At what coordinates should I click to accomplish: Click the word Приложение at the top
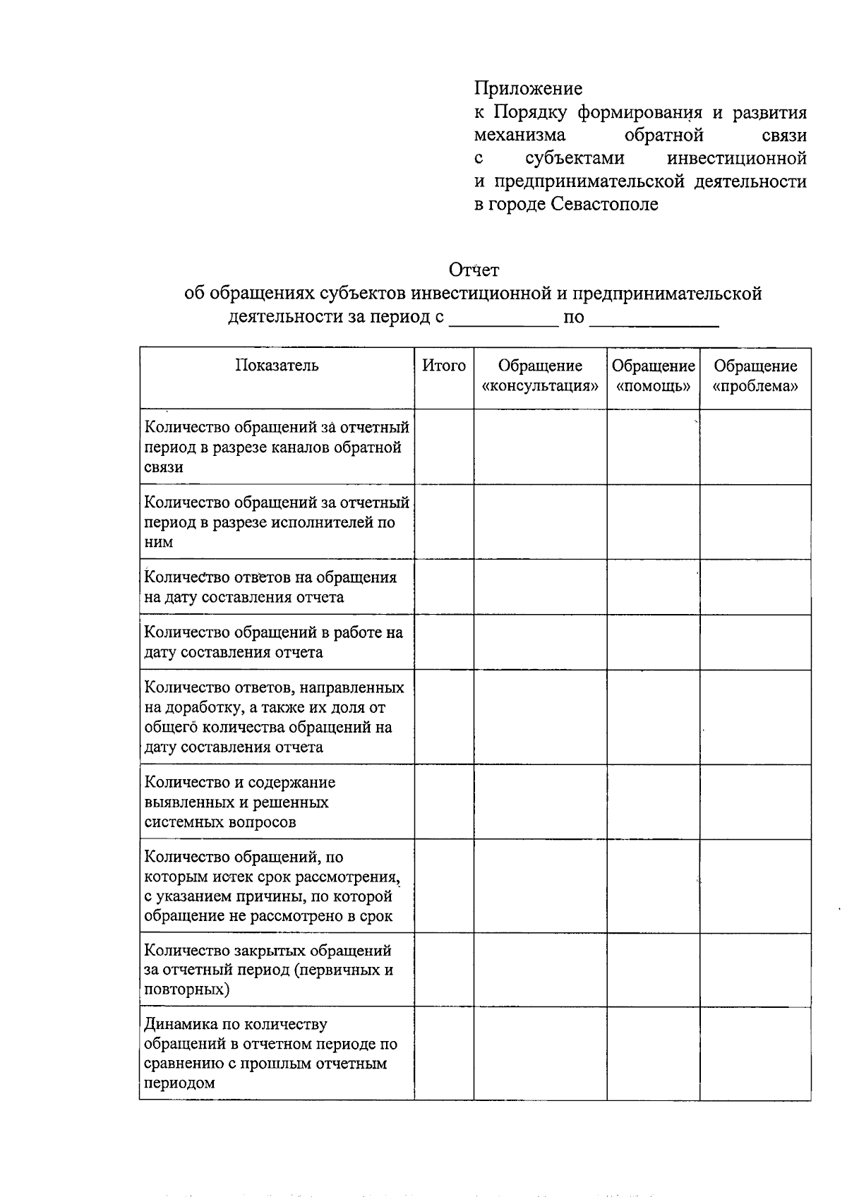(528, 89)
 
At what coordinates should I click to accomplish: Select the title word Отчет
(474, 270)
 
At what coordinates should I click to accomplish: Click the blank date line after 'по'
(653, 319)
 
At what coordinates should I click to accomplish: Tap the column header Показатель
(277, 366)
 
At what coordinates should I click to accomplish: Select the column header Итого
(444, 366)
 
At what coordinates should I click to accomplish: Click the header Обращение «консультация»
(540, 375)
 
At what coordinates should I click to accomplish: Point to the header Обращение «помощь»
(653, 375)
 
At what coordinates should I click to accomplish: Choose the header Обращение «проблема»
(755, 375)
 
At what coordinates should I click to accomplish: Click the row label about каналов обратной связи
(277, 447)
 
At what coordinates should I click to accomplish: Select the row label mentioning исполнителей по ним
(277, 522)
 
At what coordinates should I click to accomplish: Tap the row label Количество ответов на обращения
(271, 587)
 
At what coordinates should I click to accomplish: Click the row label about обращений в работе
(274, 642)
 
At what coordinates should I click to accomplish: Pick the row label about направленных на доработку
(274, 717)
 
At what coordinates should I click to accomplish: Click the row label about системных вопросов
(240, 802)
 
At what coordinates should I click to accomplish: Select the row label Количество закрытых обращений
(268, 970)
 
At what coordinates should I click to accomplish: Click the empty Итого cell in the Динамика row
(444, 1053)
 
